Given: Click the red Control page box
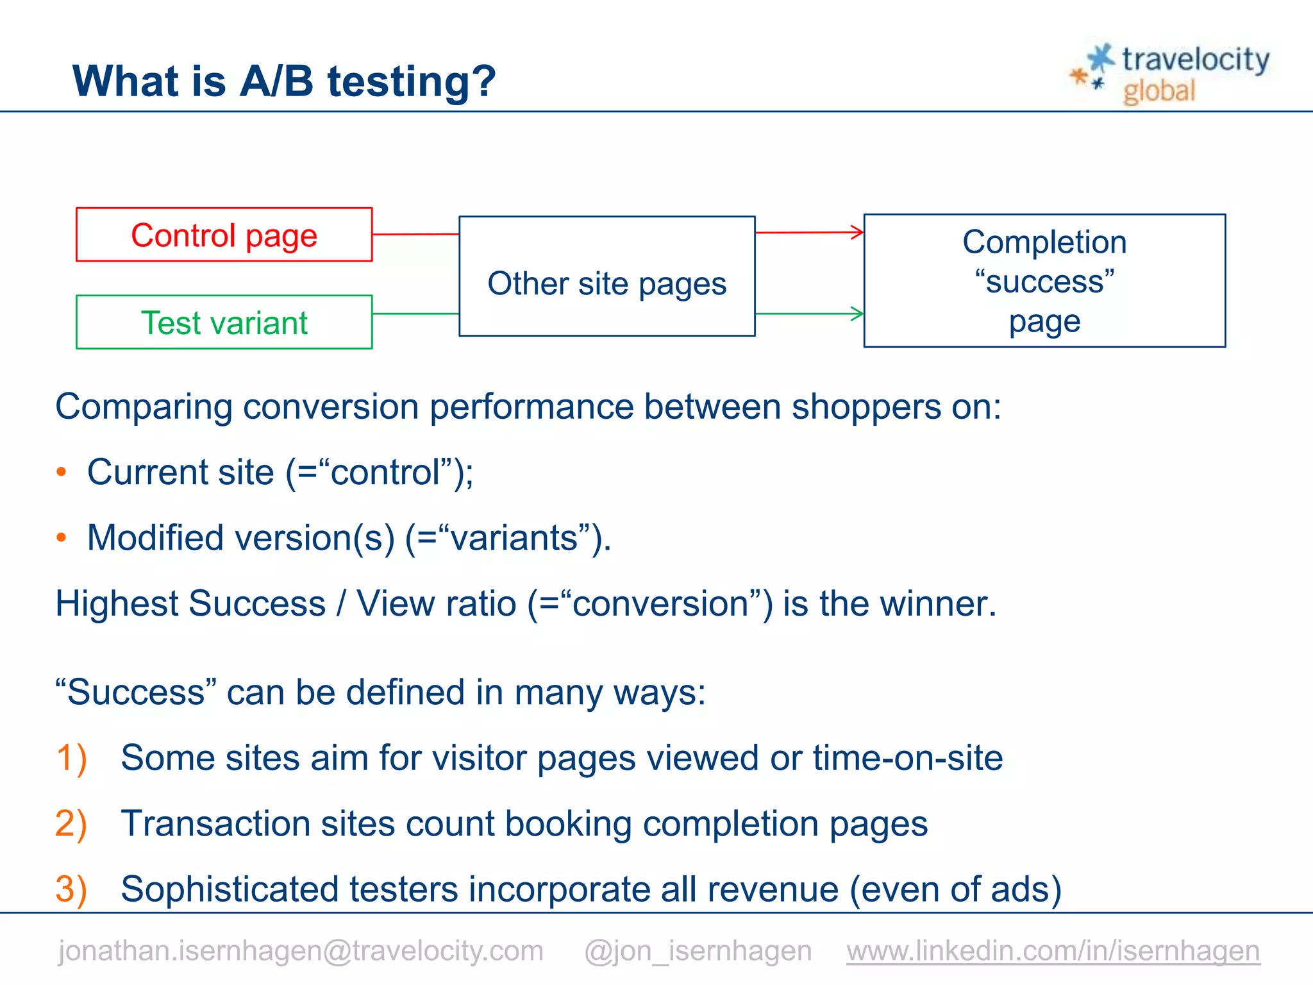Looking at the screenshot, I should coord(224,235).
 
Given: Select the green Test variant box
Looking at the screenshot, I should coord(224,322).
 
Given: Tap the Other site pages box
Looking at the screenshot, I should coord(606,276).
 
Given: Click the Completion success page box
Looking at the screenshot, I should coord(1044,281).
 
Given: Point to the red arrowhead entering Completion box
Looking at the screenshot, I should coord(857,232).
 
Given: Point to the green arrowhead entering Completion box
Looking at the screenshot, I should coord(857,314).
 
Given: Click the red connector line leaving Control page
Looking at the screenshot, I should coord(415,234).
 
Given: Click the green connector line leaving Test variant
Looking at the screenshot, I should coord(415,314).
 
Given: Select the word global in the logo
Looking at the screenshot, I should coord(1159,91).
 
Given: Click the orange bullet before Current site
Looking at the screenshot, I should coord(62,473).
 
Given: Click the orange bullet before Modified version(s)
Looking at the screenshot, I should coord(62,538).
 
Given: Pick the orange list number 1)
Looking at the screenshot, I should coord(71,759).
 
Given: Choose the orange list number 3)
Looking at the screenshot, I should coord(71,889).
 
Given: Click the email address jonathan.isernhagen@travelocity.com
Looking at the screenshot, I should coord(301,950).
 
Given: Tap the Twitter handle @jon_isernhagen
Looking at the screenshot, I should coord(698,950).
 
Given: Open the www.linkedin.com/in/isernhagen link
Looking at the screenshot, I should coord(1053,950).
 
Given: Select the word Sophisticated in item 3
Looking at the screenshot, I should coord(224,889).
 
